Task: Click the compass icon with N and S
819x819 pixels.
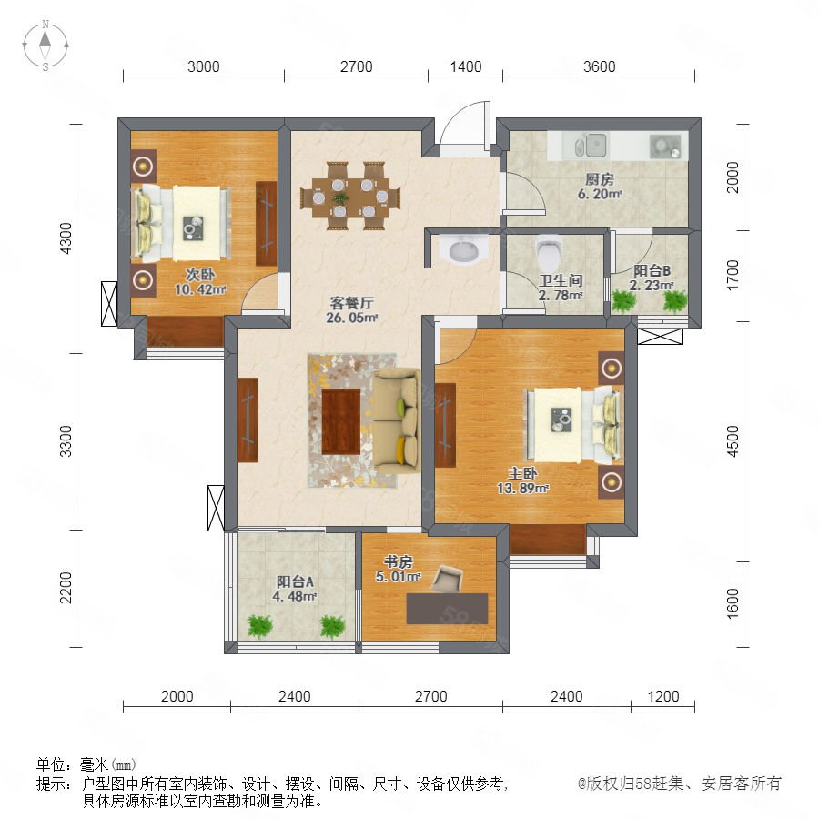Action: [45, 45]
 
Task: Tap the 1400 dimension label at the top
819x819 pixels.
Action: [465, 66]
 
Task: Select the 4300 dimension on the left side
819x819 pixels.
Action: [66, 238]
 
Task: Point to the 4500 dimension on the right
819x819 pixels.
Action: [733, 441]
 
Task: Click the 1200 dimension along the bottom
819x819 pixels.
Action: [662, 696]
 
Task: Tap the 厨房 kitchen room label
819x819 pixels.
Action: [599, 179]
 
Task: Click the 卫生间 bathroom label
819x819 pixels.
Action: [561, 280]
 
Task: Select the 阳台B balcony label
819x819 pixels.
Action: [652, 270]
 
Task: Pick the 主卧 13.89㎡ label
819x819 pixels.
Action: [522, 480]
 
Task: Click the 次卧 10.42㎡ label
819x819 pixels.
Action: [200, 282]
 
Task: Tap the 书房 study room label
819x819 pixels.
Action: [398, 562]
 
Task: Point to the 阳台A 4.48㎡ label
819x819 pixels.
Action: [295, 589]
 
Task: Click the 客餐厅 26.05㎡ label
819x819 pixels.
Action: [351, 310]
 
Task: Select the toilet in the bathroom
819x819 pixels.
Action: [549, 251]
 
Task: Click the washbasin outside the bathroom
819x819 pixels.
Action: [463, 248]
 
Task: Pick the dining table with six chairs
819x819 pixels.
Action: [350, 197]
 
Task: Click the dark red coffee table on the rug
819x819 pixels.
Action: [341, 422]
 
